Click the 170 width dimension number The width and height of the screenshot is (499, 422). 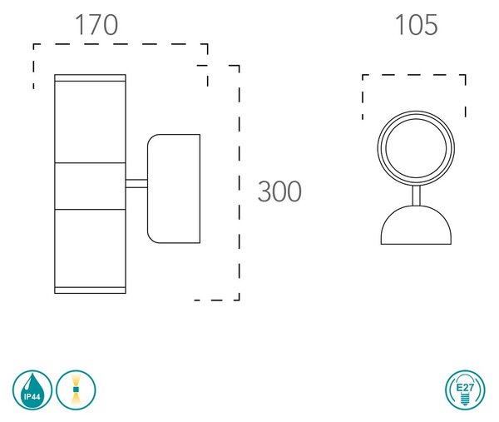pyautogui.click(x=96, y=25)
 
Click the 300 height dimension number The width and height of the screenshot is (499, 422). pyautogui.click(x=279, y=191)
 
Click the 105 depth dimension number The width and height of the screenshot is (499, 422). pyautogui.click(x=417, y=25)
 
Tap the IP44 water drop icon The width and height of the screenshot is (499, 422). pyautogui.click(x=32, y=390)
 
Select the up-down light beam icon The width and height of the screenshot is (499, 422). pyautogui.click(x=76, y=390)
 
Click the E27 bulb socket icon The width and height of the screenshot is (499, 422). pyautogui.click(x=465, y=390)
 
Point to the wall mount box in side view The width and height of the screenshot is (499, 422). pyautogui.click(x=174, y=189)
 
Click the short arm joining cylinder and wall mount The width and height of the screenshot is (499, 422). pyautogui.click(x=136, y=183)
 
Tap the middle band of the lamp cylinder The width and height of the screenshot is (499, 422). pyautogui.click(x=90, y=186)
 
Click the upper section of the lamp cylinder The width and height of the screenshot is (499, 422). pyautogui.click(x=90, y=122)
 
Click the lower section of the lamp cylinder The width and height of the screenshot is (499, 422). pyautogui.click(x=90, y=248)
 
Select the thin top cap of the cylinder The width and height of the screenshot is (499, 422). pyautogui.click(x=90, y=78)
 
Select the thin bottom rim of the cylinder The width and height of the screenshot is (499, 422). pyautogui.click(x=90, y=290)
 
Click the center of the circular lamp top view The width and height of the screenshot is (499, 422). pyautogui.click(x=416, y=148)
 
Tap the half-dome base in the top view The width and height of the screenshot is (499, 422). pyautogui.click(x=416, y=226)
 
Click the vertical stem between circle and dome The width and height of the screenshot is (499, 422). pyautogui.click(x=417, y=196)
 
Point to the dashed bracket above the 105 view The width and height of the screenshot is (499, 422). pyautogui.click(x=414, y=75)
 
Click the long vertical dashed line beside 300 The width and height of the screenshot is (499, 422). pyautogui.click(x=239, y=183)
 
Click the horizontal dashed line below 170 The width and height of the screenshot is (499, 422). pyautogui.click(x=121, y=44)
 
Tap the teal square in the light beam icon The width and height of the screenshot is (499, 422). pyautogui.click(x=76, y=390)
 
